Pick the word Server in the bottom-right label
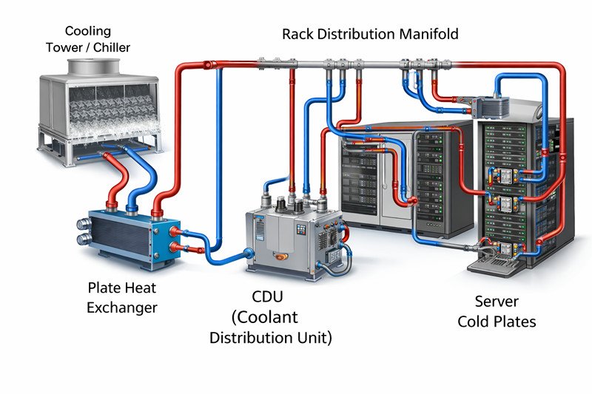[497, 302]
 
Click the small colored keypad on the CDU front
[300, 231]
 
